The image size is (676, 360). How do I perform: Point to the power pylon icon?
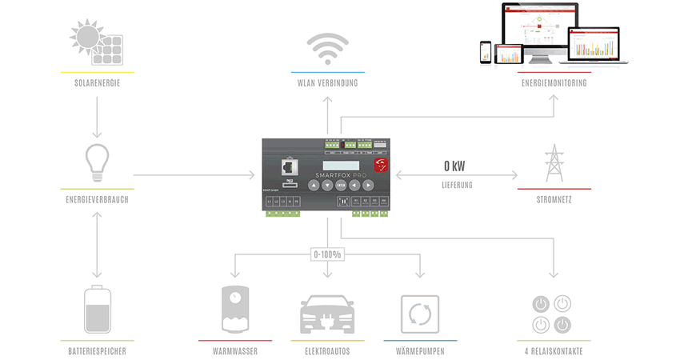pos(553,163)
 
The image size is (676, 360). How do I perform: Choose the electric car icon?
pos(327,313)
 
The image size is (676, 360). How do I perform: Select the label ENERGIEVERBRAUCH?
pos(97,199)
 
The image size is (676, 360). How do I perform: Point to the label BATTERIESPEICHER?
pos(97,351)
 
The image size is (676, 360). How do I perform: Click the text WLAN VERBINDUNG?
pos(327,83)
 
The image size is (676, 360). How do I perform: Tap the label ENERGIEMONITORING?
pos(554,83)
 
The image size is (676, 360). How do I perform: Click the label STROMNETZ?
pos(554,199)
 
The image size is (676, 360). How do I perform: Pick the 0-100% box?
pos(327,254)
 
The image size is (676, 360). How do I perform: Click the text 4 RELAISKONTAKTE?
pos(553,351)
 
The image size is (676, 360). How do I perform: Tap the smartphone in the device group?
pos(485,53)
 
